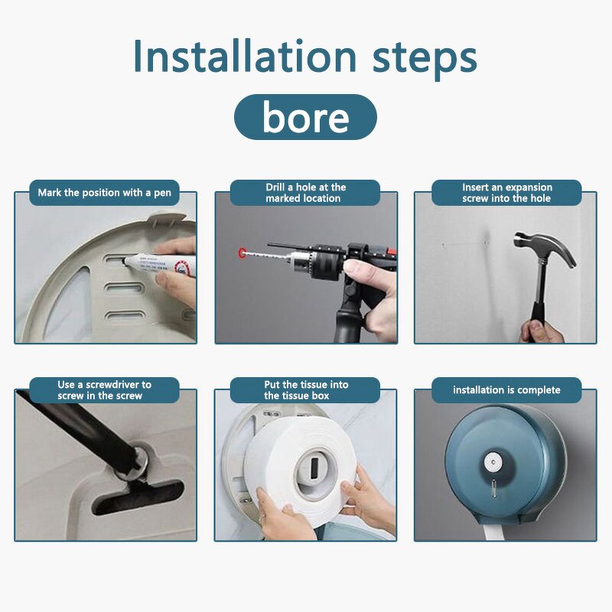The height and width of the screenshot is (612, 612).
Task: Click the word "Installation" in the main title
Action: click(245, 56)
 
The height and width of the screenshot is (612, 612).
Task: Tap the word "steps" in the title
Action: click(425, 60)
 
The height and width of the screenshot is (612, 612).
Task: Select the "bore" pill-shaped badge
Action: click(305, 117)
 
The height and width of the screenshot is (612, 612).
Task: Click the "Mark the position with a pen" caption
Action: click(104, 193)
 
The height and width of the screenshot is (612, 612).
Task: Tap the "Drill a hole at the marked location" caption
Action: click(305, 193)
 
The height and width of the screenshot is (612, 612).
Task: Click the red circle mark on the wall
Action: click(243, 253)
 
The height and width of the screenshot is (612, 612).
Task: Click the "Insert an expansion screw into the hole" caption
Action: click(506, 193)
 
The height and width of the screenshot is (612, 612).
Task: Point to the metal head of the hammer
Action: click(545, 248)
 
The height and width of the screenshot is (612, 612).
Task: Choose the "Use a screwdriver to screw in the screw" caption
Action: click(104, 390)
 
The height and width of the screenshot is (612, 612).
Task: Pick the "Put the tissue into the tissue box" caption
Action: click(305, 390)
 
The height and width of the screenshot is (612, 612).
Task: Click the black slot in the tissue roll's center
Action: click(314, 465)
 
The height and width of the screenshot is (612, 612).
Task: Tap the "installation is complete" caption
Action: click(506, 390)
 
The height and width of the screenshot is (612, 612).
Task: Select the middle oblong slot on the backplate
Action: click(124, 288)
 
